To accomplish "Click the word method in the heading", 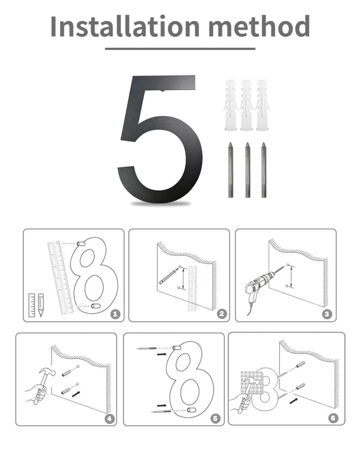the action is (x=259, y=27).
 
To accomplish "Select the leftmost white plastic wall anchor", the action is (x=231, y=105).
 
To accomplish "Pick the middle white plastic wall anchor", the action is (x=247, y=105).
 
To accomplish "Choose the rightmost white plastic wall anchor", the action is (x=262, y=105).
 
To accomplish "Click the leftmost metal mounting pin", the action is (x=230, y=170).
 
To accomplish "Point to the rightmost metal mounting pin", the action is (x=264, y=170).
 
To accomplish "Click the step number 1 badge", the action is (x=115, y=314).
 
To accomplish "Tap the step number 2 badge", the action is (x=221, y=314).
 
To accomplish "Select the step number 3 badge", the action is (x=327, y=314).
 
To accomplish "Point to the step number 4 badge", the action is (x=109, y=418).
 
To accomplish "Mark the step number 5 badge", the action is (x=215, y=418).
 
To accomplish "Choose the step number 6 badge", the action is (x=333, y=418).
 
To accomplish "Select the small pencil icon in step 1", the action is (x=41, y=305).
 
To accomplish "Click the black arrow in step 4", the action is (x=76, y=394).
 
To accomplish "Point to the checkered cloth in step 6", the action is (x=252, y=382).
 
